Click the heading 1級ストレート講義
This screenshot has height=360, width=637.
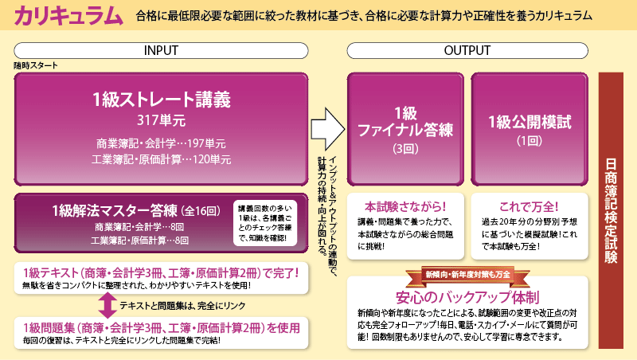point(161,100)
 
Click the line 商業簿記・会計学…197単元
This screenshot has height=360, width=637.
point(161,144)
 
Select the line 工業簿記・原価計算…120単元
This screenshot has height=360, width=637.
point(161,160)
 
